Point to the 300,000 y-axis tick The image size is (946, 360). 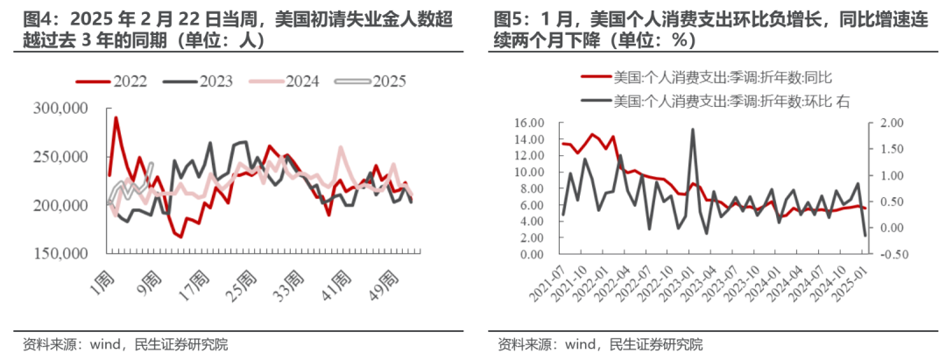[57, 109]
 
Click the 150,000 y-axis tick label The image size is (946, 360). [57, 254]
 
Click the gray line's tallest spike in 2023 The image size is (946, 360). [693, 130]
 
